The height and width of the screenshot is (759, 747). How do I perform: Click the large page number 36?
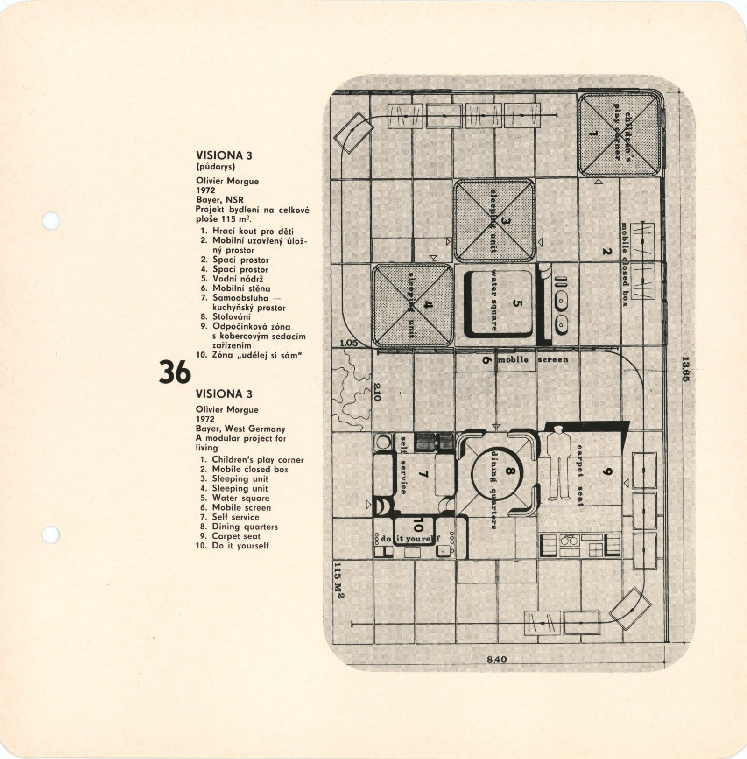pos(175,372)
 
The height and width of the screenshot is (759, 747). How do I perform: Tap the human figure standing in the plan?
pos(558,465)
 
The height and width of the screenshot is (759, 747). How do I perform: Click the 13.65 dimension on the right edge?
pos(685,369)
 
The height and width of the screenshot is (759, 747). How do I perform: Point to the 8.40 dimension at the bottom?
pos(496,660)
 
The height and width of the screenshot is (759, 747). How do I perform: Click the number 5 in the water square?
pos(516,304)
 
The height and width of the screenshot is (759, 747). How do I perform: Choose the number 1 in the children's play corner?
pos(593,134)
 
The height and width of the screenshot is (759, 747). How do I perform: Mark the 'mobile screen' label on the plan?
pos(533,359)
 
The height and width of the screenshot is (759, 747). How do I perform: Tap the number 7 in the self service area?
pos(423,475)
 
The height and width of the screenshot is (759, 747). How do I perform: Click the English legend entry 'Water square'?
pos(240,498)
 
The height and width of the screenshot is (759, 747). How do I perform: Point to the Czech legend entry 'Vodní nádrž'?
pos(238,279)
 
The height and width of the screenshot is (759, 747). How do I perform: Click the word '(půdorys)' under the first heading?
pos(215,167)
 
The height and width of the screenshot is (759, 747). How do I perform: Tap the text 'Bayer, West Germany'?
pos(240,429)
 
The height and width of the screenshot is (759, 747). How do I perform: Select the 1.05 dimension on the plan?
pos(349,343)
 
